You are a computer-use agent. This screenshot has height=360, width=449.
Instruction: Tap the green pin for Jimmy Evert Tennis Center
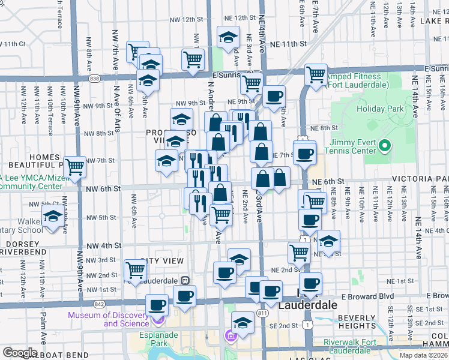click(388, 146)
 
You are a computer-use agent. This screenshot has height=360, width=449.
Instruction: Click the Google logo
click(20, 353)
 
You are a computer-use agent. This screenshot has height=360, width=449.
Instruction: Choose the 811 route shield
click(262, 313)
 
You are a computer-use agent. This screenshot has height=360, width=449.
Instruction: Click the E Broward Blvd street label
click(367, 296)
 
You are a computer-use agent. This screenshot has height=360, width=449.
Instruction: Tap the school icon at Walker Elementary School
click(53, 217)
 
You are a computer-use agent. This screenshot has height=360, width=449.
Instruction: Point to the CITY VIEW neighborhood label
click(157, 262)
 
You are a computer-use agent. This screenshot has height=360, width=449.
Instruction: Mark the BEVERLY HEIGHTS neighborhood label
click(356, 322)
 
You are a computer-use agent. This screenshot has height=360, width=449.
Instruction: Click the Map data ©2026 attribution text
click(423, 355)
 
